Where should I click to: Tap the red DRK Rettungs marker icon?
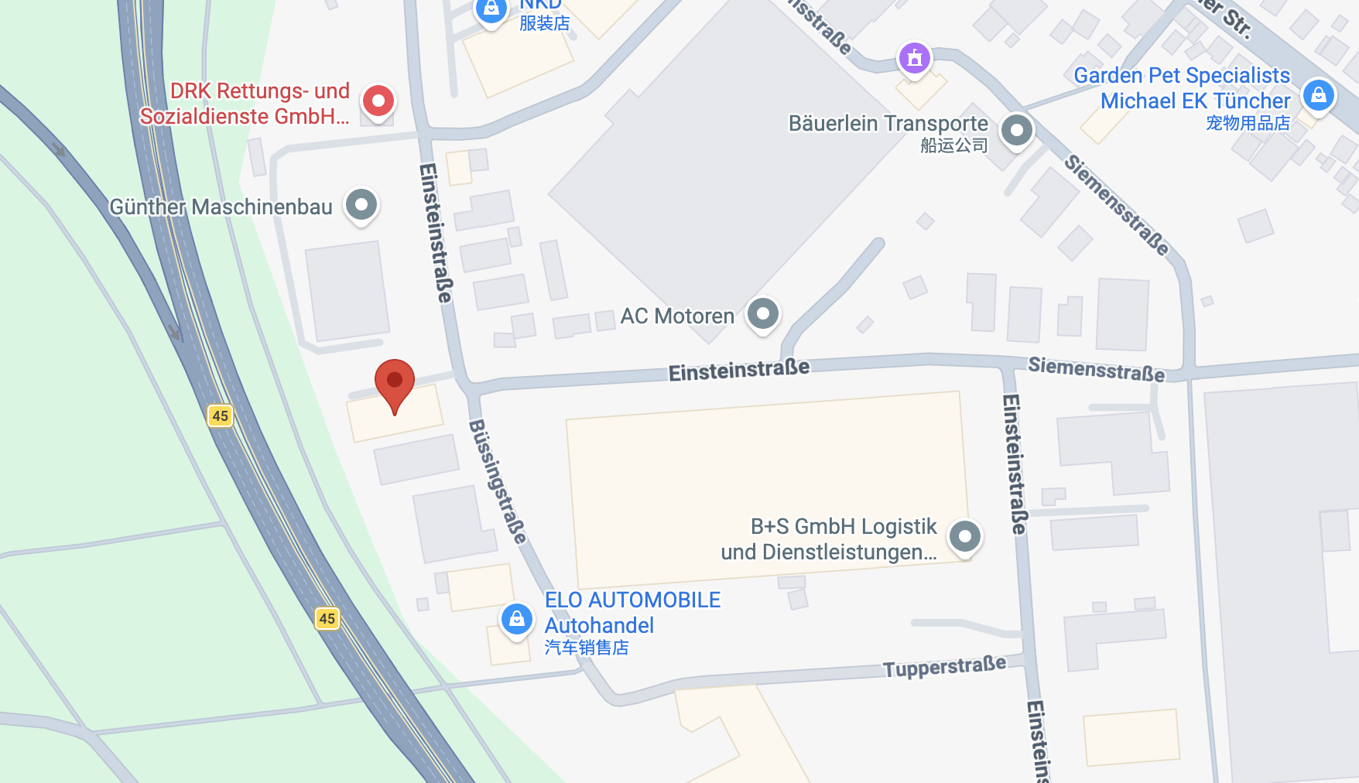pos(378,101)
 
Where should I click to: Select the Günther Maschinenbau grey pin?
pos(361,205)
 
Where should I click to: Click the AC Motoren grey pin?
pos(763,314)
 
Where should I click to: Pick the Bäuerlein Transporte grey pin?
pos(1017,130)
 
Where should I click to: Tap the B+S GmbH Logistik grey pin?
pos(965,536)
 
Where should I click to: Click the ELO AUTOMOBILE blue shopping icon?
pos(517,619)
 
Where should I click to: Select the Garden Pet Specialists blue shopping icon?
pos(1318,95)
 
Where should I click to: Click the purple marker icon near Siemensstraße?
pos(915,57)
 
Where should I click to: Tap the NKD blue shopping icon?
pos(491,10)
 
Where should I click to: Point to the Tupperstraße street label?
pos(944,666)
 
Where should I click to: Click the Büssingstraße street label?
pos(498,481)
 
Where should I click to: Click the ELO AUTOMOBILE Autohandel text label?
pos(632,613)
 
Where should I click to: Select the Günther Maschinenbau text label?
pos(221,207)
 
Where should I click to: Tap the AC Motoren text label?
pos(677,316)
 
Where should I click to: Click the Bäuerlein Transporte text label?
pos(888,124)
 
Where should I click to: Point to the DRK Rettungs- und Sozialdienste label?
pos(245,104)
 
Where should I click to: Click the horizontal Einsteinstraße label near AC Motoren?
pos(739,371)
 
